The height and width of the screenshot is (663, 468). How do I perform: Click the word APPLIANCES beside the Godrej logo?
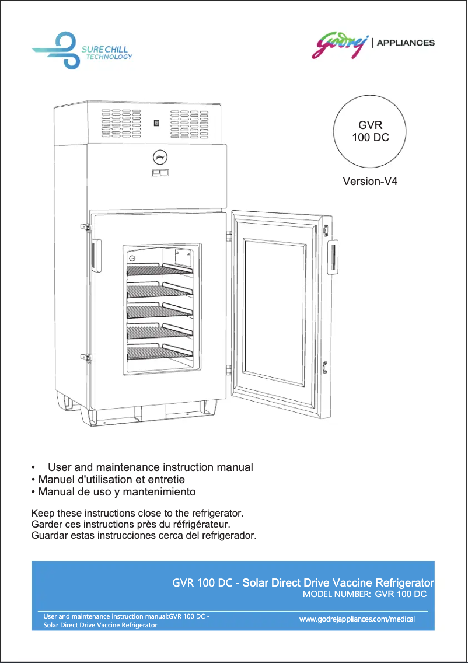(406, 43)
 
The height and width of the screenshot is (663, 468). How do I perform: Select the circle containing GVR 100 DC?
(370, 132)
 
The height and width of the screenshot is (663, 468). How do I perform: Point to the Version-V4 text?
(370, 182)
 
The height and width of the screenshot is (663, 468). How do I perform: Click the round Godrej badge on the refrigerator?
(159, 156)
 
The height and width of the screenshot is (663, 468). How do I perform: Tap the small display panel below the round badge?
(160, 173)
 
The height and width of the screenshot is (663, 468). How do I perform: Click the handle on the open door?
(332, 257)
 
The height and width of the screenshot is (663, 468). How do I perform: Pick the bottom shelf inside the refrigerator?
(159, 352)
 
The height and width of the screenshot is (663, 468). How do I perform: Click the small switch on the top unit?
(156, 123)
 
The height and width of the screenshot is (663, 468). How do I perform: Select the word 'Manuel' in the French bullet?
(55, 480)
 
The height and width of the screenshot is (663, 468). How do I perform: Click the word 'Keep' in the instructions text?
(41, 514)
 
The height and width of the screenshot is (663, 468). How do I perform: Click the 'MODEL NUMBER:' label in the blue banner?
(336, 594)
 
